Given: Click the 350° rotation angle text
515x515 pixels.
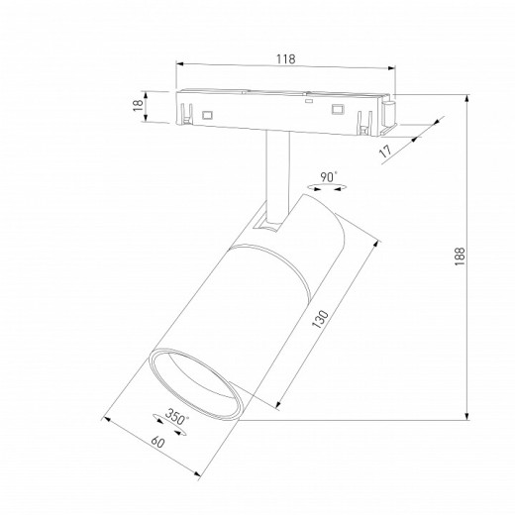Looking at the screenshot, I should click(x=176, y=417).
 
